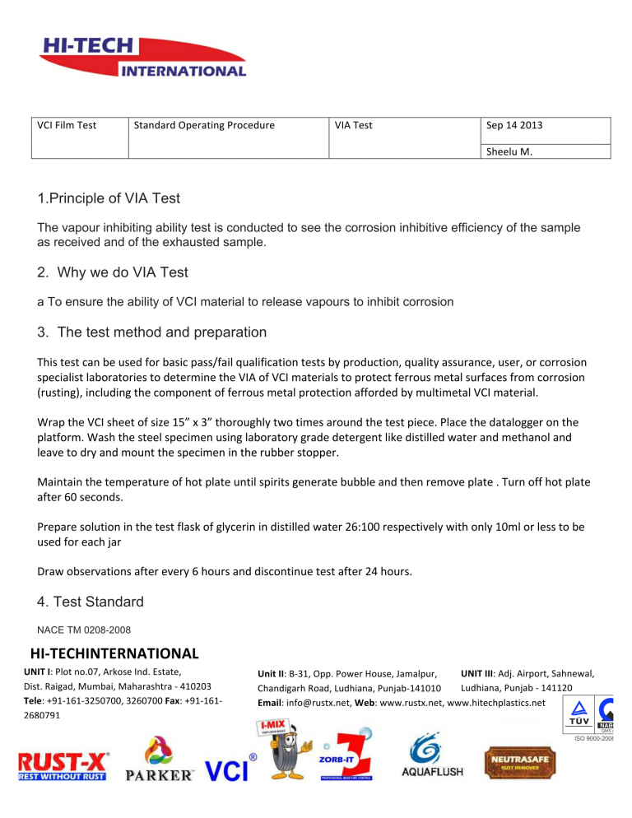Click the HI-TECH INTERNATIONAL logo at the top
click(x=142, y=58)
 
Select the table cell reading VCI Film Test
click(x=67, y=126)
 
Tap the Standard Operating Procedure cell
click(x=204, y=126)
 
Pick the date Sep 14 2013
click(x=514, y=126)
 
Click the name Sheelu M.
click(x=509, y=151)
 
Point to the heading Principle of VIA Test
click(x=109, y=198)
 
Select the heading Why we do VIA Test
click(x=123, y=272)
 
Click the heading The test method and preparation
click(x=152, y=332)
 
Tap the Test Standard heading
click(x=91, y=602)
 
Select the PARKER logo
click(x=160, y=761)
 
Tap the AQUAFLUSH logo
click(x=432, y=759)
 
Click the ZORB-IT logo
click(x=345, y=755)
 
